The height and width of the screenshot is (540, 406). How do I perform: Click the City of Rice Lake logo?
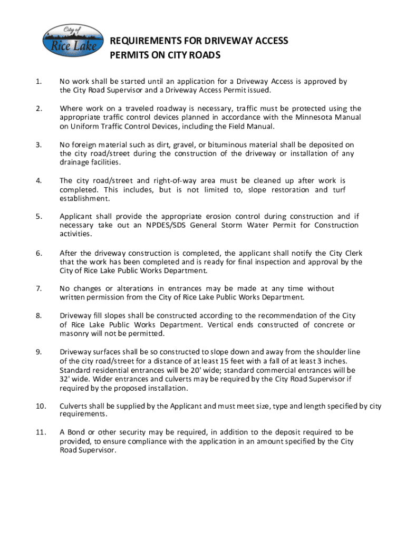pyautogui.click(x=70, y=41)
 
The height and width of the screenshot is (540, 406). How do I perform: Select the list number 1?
pyautogui.click(x=38, y=81)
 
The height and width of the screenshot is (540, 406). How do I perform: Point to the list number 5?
pyautogui.click(x=38, y=216)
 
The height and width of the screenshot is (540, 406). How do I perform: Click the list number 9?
pyautogui.click(x=38, y=352)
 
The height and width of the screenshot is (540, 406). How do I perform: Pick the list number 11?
pyautogui.click(x=40, y=432)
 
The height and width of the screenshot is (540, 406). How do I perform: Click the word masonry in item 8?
pyautogui.click(x=75, y=334)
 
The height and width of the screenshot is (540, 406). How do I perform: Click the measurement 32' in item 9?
pyautogui.click(x=65, y=379)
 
